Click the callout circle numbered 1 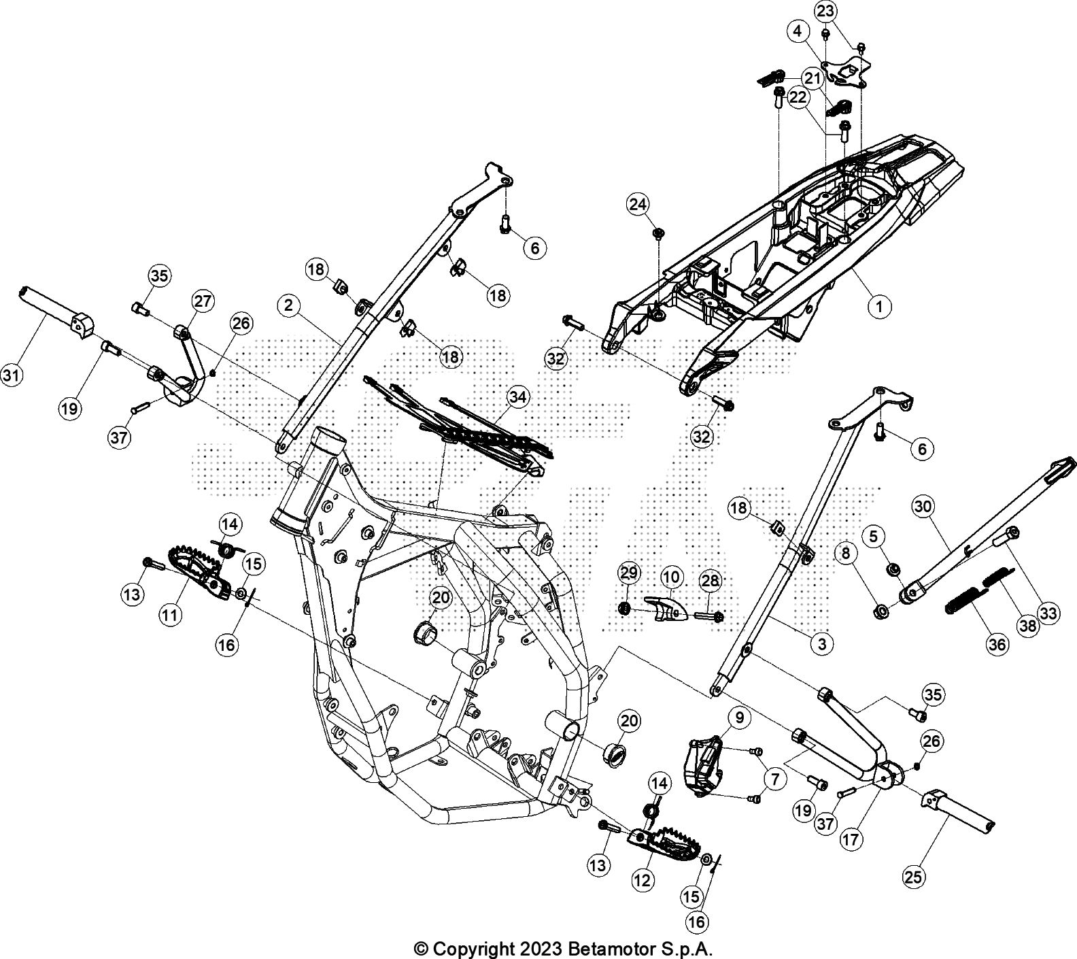coord(878,307)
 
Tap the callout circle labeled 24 coord(638,203)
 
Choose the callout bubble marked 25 coord(914,877)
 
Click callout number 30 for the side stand coord(923,506)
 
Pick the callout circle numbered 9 coord(738,716)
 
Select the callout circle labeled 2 coord(289,305)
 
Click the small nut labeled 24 coord(658,234)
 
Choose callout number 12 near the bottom coord(642,879)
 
